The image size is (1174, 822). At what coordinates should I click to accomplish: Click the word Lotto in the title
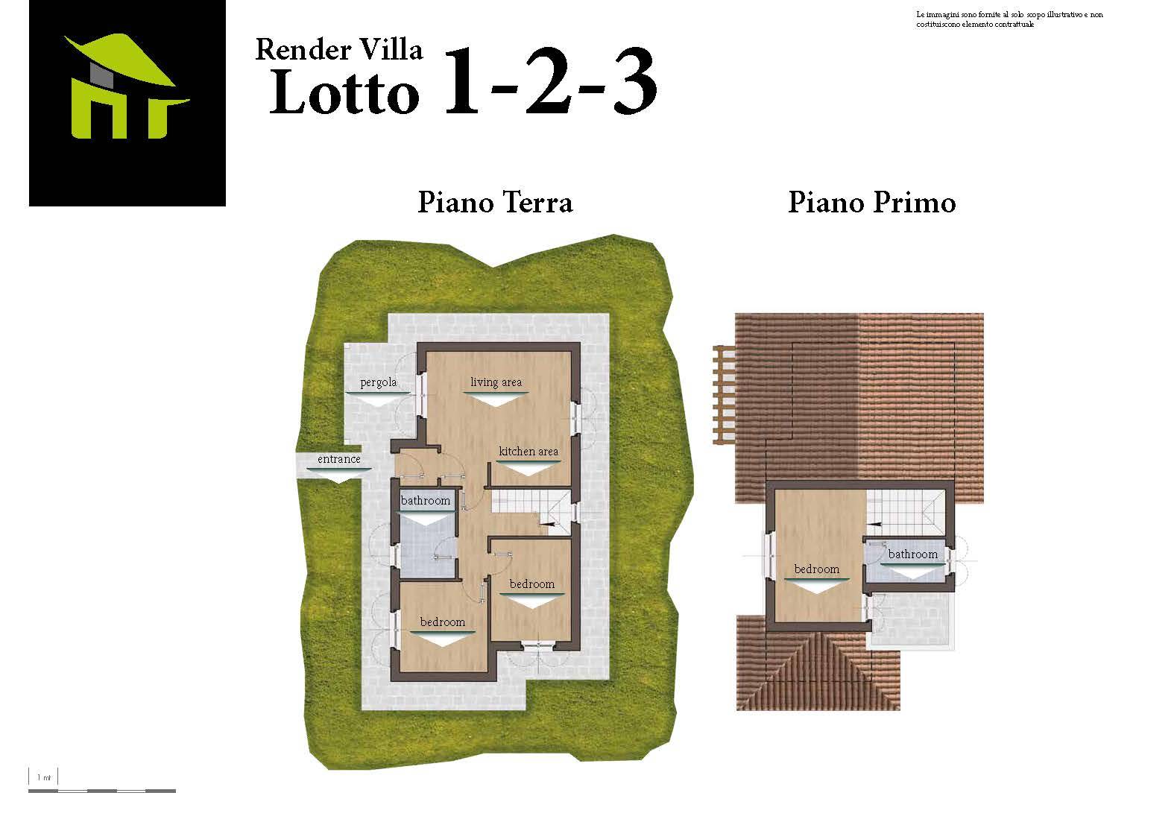[344, 92]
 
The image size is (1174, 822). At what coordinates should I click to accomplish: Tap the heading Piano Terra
[495, 202]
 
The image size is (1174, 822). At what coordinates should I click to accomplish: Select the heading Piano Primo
[872, 202]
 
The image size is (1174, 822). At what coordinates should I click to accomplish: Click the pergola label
[379, 382]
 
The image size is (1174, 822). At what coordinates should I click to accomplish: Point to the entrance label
[339, 459]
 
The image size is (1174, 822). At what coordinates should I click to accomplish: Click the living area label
[496, 382]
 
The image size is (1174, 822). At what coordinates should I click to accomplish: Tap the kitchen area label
[528, 451]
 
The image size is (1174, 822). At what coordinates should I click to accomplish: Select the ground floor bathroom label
[425, 500]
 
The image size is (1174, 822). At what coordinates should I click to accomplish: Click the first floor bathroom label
[913, 554]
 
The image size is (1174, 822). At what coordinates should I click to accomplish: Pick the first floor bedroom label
[816, 569]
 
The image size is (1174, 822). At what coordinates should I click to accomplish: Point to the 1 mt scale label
[44, 777]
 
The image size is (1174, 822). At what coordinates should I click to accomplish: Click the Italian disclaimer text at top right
[1009, 19]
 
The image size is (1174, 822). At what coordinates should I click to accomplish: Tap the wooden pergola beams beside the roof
[725, 394]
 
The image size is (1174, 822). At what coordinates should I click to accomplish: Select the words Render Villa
[339, 50]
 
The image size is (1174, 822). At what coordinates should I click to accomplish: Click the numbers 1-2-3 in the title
[550, 80]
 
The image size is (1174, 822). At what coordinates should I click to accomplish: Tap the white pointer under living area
[496, 399]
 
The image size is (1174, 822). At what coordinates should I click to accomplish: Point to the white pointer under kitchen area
[528, 468]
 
